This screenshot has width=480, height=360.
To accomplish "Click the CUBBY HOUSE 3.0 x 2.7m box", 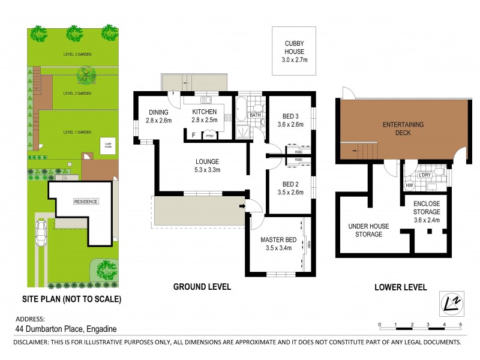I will click(x=294, y=51).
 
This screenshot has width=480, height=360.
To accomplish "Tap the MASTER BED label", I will click(x=275, y=244).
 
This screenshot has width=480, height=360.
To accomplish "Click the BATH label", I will click(x=255, y=115).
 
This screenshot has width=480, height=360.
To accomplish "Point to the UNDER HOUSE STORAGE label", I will click(x=369, y=230).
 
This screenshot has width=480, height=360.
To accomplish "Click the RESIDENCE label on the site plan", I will click(x=86, y=202).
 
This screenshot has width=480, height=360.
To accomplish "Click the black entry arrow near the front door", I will click(x=242, y=208).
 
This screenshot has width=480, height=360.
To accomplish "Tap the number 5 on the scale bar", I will click(x=460, y=325).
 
